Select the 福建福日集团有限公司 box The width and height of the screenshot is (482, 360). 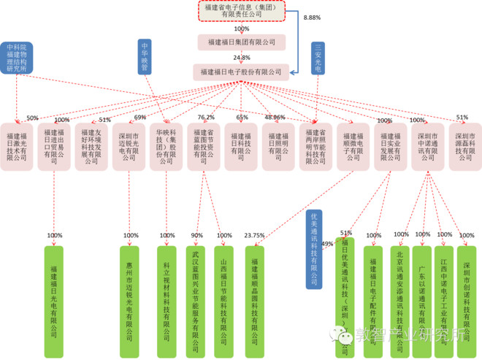(241, 42)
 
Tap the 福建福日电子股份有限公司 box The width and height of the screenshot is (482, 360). (241, 72)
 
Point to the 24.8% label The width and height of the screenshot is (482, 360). (242, 57)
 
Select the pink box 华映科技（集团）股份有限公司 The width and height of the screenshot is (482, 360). (167, 146)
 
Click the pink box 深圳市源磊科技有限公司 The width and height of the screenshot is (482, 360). (465, 146)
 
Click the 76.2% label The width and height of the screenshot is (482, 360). (206, 118)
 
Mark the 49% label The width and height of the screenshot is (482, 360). (327, 243)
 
